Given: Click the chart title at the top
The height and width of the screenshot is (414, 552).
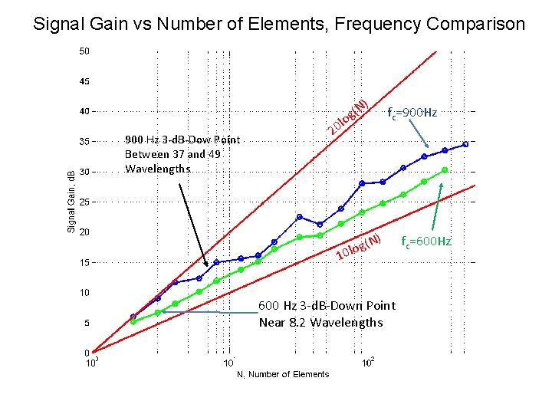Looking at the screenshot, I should coord(279,25).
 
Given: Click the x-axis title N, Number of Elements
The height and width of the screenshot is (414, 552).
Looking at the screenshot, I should coord(283,374).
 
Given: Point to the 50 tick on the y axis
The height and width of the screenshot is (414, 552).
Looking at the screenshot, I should coord(84,51).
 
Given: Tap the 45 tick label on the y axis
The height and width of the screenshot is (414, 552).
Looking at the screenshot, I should coord(84,80).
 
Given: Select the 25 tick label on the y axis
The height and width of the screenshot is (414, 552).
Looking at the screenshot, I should coord(84,202).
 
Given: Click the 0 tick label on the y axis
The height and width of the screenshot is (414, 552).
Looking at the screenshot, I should coord(87,353).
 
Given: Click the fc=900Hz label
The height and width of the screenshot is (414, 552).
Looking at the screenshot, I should coord(412,113).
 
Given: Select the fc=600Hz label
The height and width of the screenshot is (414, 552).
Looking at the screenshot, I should coord(426,242).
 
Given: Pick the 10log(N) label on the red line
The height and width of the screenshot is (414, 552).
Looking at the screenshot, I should coord(358,247).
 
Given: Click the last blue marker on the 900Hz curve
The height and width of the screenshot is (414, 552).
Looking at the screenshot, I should coord(465,144).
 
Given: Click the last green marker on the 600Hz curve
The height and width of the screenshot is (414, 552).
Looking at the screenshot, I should coord(445,169).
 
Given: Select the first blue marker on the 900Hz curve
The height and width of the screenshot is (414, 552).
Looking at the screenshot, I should coord(133,317).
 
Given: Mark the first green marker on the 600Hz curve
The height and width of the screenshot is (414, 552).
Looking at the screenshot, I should coord(133,322).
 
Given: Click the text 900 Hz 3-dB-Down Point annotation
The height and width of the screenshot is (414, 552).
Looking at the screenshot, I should coord(182,140).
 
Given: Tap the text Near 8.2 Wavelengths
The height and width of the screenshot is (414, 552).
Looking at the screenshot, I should coord(320,322).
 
